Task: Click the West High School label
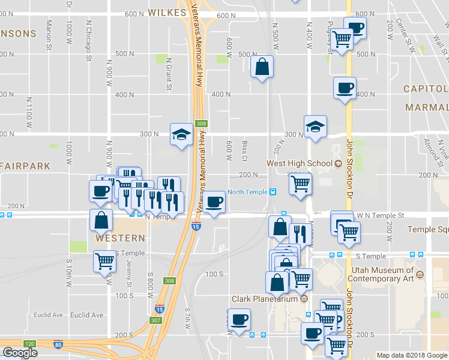(299, 163)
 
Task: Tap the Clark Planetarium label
(265, 299)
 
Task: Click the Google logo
(20, 352)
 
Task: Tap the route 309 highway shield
(202, 124)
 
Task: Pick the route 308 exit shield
(169, 280)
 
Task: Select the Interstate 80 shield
(58, 344)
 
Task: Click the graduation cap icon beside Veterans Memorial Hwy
(181, 134)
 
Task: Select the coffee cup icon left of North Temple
(214, 202)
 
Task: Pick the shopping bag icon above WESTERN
(100, 220)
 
